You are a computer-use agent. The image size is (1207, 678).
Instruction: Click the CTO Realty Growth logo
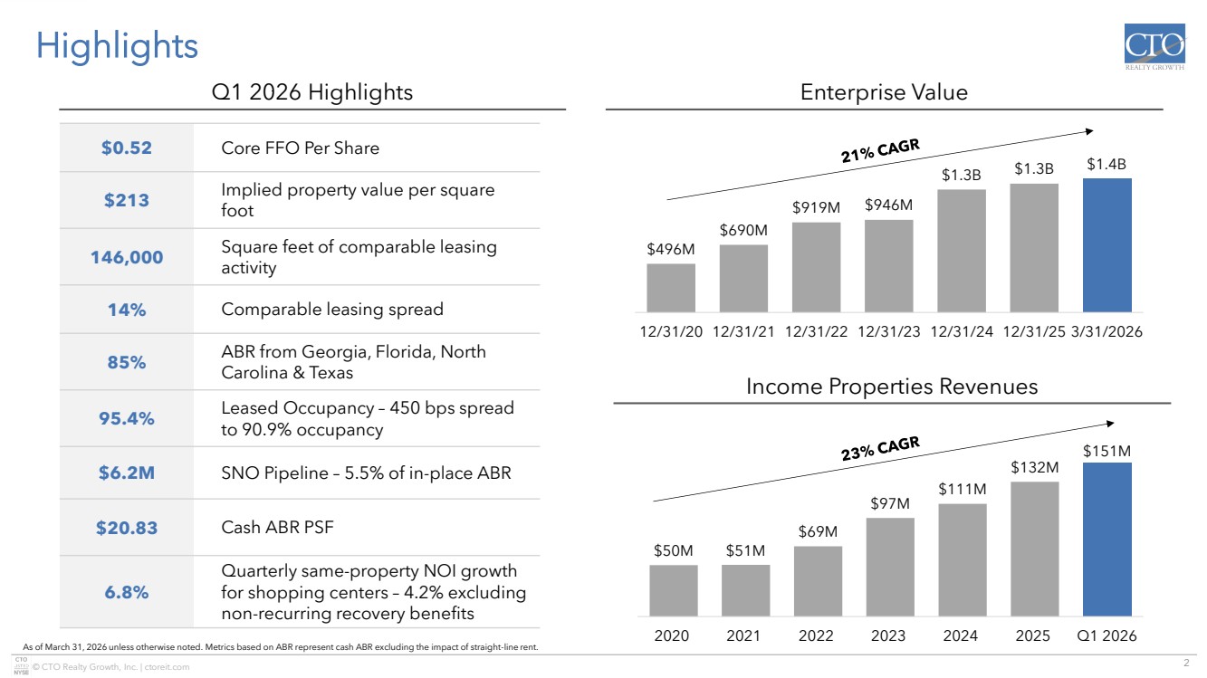(x=1154, y=50)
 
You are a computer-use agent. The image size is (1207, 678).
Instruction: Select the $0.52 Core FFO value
(x=126, y=148)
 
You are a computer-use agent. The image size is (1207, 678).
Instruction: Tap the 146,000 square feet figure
(x=127, y=257)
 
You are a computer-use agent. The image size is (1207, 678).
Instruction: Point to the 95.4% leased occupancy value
(x=127, y=418)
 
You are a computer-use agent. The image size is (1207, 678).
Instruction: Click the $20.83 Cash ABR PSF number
(x=127, y=528)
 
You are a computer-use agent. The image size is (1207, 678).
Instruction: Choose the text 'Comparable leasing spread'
(x=332, y=310)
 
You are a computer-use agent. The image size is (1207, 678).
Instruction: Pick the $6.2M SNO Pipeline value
(x=127, y=473)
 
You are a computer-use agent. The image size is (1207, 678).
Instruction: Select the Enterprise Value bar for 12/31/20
(x=671, y=288)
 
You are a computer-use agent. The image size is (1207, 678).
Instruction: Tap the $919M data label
(x=816, y=207)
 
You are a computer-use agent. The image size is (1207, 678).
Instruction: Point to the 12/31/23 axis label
(x=888, y=332)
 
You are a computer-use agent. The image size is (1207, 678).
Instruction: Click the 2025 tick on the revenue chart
(x=1033, y=635)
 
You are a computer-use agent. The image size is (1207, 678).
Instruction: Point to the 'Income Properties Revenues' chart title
(x=891, y=387)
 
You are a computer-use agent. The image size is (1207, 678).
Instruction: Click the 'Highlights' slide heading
(x=117, y=45)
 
